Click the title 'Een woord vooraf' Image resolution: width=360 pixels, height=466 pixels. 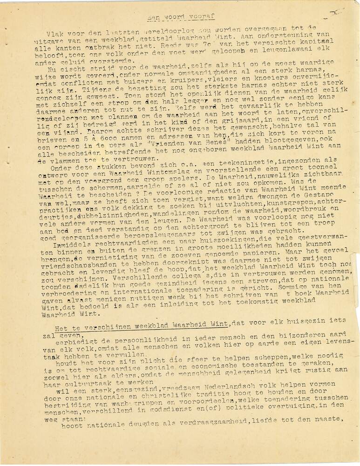click(x=180, y=16)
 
